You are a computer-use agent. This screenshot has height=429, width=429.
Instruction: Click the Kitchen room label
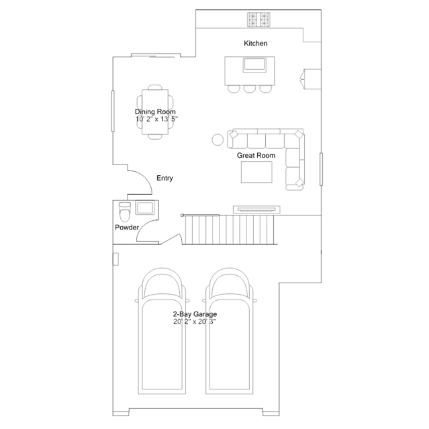(x=256, y=43)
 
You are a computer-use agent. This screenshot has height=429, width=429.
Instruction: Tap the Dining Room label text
(x=155, y=111)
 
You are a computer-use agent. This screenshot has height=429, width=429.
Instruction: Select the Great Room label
(x=256, y=155)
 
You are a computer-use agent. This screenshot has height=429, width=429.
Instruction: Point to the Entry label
(x=164, y=178)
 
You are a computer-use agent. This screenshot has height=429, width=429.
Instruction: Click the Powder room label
(x=127, y=228)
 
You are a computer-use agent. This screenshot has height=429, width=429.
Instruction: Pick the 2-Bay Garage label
(x=195, y=314)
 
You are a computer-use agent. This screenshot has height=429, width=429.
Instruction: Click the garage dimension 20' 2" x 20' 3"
(x=195, y=322)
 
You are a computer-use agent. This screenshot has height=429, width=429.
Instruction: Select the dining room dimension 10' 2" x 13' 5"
(x=157, y=119)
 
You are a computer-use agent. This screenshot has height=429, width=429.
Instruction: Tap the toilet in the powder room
(x=125, y=211)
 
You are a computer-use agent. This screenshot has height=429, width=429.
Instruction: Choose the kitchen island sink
(x=254, y=65)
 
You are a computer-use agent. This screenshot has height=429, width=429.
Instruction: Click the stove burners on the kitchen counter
(x=258, y=19)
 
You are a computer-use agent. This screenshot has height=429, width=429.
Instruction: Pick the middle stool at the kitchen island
(x=250, y=89)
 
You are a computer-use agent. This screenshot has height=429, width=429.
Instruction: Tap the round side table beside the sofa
(x=218, y=140)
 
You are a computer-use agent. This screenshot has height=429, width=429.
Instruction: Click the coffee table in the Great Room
(x=256, y=172)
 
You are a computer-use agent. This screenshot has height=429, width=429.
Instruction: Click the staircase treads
(x=230, y=230)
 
